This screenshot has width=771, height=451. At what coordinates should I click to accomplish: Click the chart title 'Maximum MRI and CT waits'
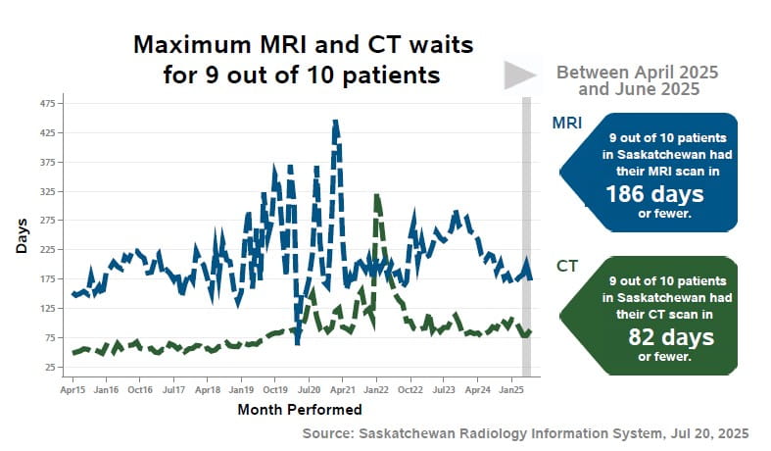point(303,45)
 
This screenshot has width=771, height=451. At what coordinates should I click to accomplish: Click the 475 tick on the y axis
point(46,103)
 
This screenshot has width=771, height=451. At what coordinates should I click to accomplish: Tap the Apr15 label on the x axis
point(72,389)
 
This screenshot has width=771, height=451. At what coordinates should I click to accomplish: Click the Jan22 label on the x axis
point(377,389)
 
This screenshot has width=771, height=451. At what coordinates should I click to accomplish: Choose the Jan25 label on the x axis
point(513,389)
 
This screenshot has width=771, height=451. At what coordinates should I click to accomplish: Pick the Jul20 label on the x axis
point(309,389)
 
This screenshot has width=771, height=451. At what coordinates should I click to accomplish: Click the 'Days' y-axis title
point(22,235)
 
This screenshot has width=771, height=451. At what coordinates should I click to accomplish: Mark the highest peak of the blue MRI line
point(335,123)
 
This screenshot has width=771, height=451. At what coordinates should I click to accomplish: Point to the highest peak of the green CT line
point(377,197)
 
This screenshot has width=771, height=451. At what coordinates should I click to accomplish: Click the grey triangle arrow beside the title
point(519,75)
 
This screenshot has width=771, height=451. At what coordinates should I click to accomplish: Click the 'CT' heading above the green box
point(566,266)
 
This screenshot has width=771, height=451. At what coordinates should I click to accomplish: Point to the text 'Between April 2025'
point(637,74)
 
